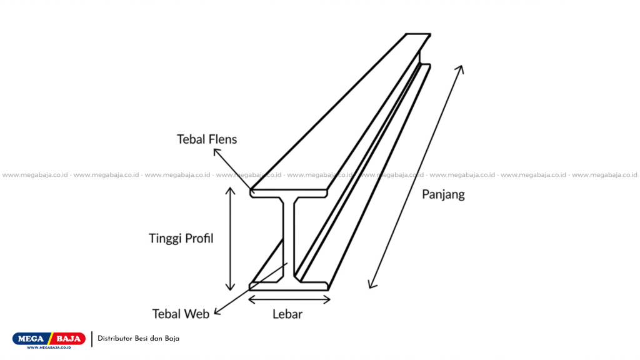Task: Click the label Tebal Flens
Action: point(206,139)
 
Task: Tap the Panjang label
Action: point(443,194)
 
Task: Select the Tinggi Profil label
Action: point(181,238)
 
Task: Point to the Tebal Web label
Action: point(181,314)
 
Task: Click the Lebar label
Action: point(287,314)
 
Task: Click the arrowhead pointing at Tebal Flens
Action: point(216,152)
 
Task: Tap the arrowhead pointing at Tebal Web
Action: point(217,311)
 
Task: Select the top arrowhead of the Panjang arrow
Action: point(461,69)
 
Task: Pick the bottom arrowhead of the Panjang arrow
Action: point(371,285)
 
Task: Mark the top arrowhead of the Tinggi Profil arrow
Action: point(230,191)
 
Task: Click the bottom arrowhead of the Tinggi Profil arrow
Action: point(230,287)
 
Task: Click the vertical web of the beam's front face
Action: point(289,240)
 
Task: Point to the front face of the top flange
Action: point(289,194)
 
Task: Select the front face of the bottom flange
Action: point(289,286)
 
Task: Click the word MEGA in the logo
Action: point(31,339)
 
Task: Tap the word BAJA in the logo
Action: point(68,339)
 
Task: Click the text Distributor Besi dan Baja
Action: point(138,339)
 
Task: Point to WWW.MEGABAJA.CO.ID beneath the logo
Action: point(49,347)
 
